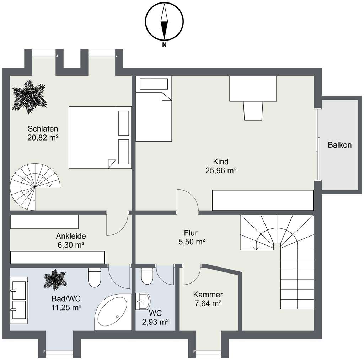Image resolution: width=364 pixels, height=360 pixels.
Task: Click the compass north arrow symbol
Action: (x=164, y=22)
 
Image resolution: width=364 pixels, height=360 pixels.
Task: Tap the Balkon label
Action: (x=339, y=145)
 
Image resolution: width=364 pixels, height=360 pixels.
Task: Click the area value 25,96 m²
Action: (x=221, y=171)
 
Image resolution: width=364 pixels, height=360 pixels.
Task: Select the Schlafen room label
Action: (x=43, y=129)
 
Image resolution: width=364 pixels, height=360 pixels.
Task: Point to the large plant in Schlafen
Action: (x=30, y=97)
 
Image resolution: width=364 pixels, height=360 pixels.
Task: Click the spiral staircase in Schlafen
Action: (x=35, y=187)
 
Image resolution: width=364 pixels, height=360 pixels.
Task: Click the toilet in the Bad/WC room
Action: (x=95, y=277)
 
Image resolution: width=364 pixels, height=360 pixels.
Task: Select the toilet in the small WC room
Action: (x=147, y=276)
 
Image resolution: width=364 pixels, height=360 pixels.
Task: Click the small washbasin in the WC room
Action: (x=143, y=301)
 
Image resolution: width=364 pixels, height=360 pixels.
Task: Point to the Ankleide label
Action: (x=71, y=236)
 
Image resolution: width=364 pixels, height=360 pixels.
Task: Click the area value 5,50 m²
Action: (x=192, y=242)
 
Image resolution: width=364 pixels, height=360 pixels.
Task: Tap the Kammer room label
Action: (x=208, y=295)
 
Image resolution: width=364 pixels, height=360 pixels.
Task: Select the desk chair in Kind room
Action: (x=253, y=111)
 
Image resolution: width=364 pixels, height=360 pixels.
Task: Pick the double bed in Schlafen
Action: (x=100, y=137)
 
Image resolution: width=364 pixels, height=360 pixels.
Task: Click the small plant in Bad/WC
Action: (x=55, y=280)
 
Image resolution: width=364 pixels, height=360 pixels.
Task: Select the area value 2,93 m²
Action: (x=155, y=322)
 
